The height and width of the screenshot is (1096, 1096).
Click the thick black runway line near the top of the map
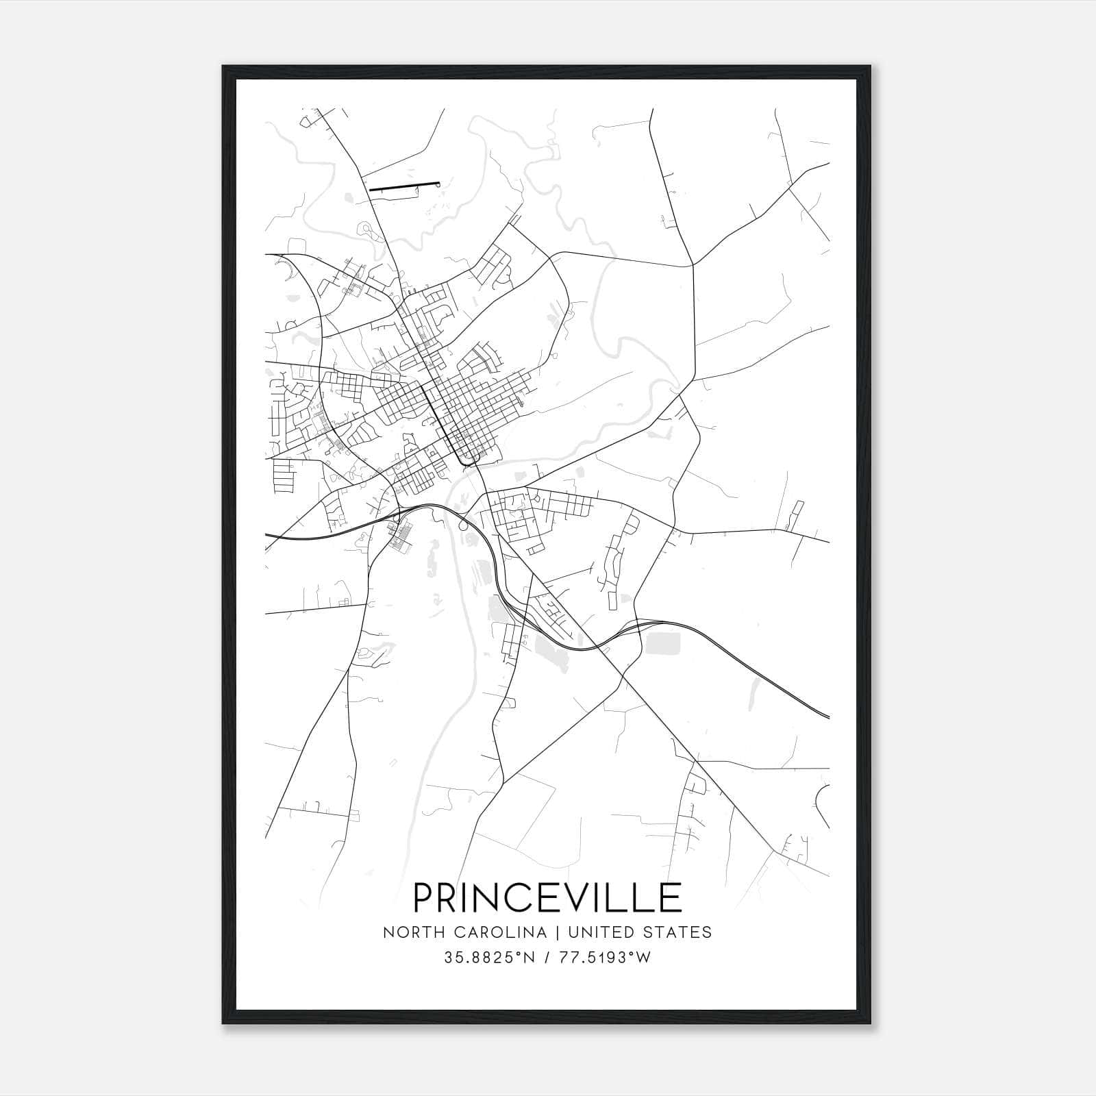[404, 186]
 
